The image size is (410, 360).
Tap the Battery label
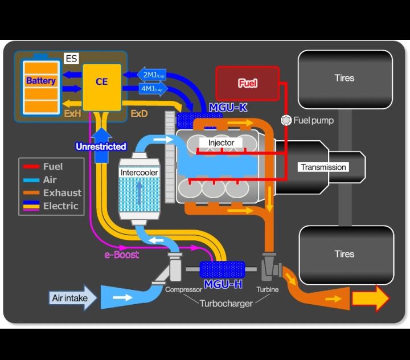[41, 81]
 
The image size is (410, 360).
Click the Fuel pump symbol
[286, 120]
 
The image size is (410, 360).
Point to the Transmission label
[323, 167]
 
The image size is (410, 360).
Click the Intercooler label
[139, 172]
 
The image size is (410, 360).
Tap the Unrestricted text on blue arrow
[101, 146]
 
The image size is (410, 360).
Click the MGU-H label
[222, 283]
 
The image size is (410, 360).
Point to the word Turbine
[267, 289]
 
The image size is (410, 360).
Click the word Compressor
[183, 289]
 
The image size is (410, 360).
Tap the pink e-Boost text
[121, 255]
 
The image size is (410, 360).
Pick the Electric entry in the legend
[60, 206]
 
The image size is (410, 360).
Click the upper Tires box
[345, 78]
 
